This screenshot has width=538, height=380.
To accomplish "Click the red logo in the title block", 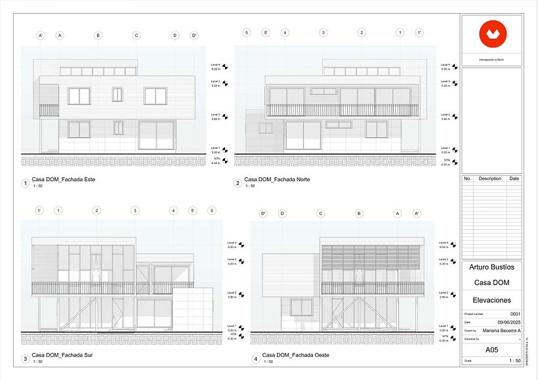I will tap(491, 34).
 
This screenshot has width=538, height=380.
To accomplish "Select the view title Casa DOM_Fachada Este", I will tap(64, 179).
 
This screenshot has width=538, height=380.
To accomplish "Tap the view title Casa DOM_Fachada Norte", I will tap(277, 179).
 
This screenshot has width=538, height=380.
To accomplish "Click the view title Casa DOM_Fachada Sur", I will tap(62, 355).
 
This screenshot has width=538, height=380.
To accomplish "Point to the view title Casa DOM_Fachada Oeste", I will tap(295, 355).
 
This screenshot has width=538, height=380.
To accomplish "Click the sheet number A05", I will tap(491, 350).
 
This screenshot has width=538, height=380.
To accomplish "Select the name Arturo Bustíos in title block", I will tap(492, 267).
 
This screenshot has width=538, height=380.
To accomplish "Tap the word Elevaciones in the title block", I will tap(492, 300).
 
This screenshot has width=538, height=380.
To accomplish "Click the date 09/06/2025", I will tap(508, 322).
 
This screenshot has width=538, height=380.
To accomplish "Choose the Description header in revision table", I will tap(489, 179).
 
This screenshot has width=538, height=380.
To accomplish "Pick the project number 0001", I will tap(515, 314).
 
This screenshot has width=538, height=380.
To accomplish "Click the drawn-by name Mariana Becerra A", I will tap(501, 330).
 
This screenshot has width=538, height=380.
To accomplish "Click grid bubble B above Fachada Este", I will tap(98, 35).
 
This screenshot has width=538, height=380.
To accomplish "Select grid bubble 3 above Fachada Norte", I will tap(323, 32).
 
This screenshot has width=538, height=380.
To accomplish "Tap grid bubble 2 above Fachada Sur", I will tap(96, 211).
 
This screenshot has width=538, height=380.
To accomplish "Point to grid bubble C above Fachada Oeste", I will tap(321, 213).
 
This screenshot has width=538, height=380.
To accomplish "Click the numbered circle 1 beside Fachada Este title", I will tap(25, 183).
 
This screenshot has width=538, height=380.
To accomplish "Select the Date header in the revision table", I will tap(514, 179).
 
